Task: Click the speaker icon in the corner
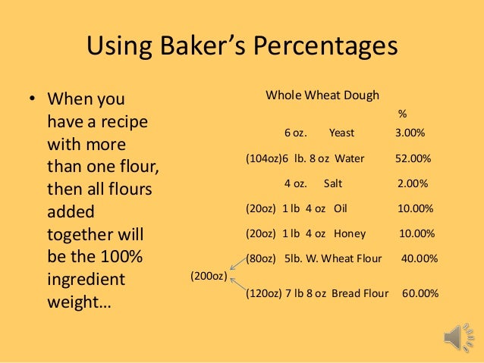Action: [457, 336]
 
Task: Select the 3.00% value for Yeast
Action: [410, 133]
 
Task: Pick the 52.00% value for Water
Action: [413, 159]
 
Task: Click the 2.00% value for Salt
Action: [413, 183]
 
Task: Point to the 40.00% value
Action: [419, 258]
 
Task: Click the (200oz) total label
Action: [206, 276]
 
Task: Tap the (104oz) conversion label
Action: [262, 159]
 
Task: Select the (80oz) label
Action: [260, 258]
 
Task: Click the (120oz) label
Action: [262, 293]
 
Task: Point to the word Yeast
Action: [341, 133]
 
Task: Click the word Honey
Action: [350, 233]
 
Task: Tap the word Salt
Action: [333, 183]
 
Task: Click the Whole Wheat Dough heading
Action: [322, 95]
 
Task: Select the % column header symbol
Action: [402, 114]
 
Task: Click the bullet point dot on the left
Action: [32, 100]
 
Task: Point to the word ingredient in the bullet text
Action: [86, 280]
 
